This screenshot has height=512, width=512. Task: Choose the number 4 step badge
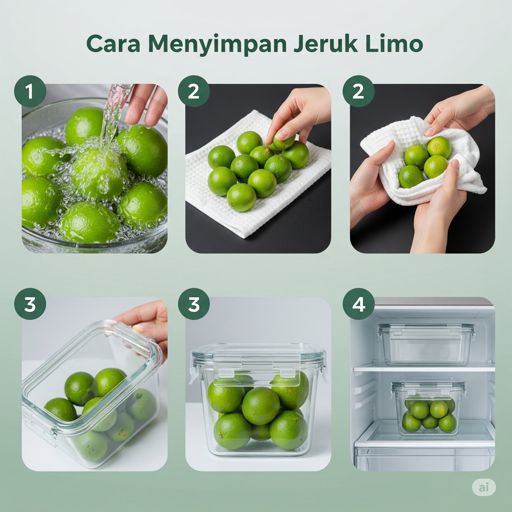tap(359, 304)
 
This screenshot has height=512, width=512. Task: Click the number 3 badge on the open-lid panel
tap(30, 304)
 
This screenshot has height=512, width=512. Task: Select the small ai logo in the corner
tap(484, 488)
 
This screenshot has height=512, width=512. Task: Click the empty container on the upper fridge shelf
tap(426, 344)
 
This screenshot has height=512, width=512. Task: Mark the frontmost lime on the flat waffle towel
tap(242, 197)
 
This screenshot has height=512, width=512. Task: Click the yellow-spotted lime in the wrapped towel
tap(439, 148)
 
